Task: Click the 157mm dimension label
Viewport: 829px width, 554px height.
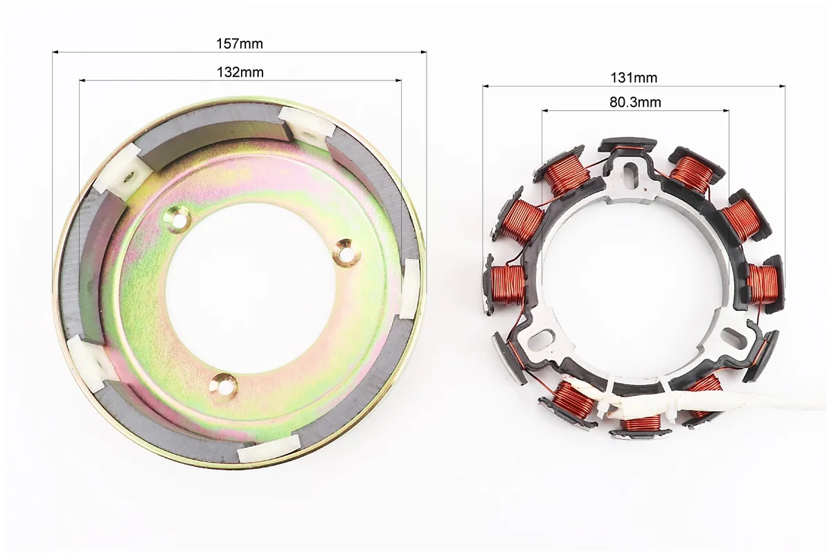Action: pyautogui.click(x=240, y=44)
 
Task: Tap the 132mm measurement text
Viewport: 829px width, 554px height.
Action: pyautogui.click(x=240, y=72)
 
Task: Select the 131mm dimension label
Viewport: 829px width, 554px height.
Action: pyautogui.click(x=634, y=78)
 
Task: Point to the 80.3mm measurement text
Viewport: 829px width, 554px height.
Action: pyautogui.click(x=635, y=102)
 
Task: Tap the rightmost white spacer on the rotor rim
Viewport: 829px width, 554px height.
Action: pyautogui.click(x=410, y=289)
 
